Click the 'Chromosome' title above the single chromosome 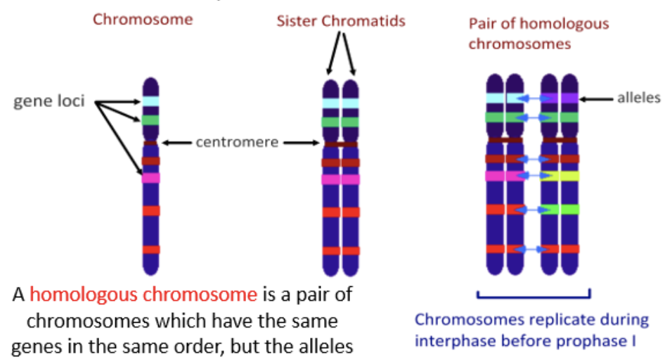[x=143, y=19]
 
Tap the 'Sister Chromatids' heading [x=341, y=20]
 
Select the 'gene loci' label [x=49, y=101]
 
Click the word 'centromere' [x=237, y=143]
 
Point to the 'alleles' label [x=638, y=98]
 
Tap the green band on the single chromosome [x=151, y=120]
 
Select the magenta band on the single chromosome [x=151, y=178]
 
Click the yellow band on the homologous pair [x=560, y=176]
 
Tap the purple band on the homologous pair [x=560, y=98]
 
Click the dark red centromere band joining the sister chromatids [x=341, y=144]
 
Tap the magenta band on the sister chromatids [x=341, y=179]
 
